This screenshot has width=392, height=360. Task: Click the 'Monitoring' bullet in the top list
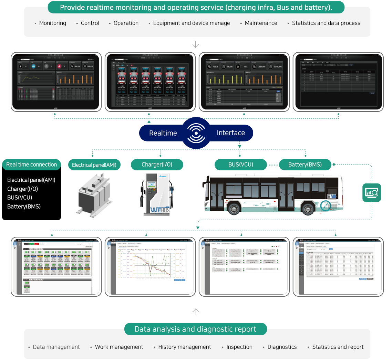coord(52,23)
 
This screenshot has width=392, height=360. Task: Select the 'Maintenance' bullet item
coord(261,23)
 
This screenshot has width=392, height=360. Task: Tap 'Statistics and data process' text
coord(326,23)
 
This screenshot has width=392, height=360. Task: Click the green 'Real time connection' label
coord(31,165)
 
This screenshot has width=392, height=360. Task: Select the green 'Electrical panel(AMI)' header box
coord(94,165)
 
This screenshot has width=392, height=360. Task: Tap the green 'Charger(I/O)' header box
coord(157,165)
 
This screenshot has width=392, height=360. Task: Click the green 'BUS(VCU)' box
coord(240,165)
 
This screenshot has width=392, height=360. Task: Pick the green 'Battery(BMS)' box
coord(305,165)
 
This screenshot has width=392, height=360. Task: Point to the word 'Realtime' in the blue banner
coord(163,133)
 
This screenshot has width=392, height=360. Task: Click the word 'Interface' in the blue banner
coord(231,133)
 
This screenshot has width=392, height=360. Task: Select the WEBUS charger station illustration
coord(157,194)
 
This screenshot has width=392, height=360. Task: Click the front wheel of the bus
coord(234,208)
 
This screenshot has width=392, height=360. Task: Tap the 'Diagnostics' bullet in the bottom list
coord(282,347)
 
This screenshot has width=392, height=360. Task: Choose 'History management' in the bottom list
coord(184,347)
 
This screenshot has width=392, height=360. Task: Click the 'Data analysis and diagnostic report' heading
coord(195,329)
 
